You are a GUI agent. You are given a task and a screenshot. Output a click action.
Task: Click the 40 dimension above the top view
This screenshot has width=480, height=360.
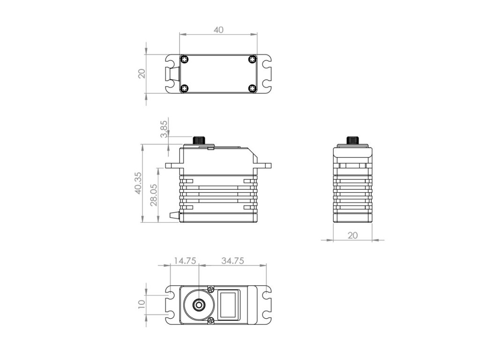218,30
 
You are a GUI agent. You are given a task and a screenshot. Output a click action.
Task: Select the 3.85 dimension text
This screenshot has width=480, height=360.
164,129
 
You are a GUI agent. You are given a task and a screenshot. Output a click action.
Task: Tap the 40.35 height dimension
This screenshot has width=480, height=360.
138,183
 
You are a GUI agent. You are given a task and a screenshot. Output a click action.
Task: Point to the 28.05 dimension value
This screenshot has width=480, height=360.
154,195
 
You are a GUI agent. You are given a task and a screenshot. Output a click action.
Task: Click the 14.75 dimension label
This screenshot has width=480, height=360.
185,261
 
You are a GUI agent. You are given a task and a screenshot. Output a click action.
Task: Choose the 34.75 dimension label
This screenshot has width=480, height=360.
232,261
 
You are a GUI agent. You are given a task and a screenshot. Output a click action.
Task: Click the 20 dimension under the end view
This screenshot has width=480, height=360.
352,235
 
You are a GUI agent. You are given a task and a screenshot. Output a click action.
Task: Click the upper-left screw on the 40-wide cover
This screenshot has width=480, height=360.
184,60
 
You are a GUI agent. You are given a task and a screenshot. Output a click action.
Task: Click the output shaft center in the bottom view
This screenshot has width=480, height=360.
199,305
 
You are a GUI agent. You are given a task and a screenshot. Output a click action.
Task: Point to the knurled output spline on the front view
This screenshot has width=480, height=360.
200,141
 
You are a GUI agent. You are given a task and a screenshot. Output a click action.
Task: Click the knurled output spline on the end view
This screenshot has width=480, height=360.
352,141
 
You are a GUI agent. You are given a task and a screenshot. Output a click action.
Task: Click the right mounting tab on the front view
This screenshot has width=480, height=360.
264,165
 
